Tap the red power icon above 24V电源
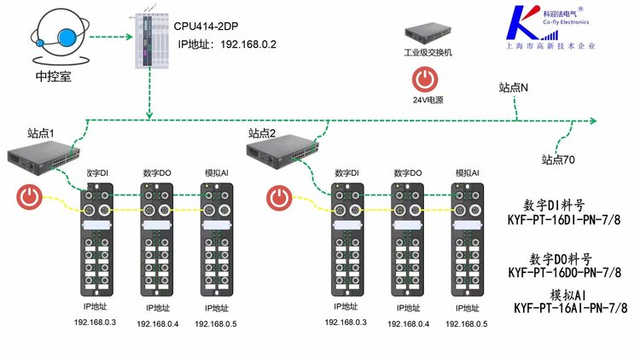425,79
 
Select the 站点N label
514,87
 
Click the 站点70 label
558,159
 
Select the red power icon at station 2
278,198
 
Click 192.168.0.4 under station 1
157,324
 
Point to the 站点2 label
264,133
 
